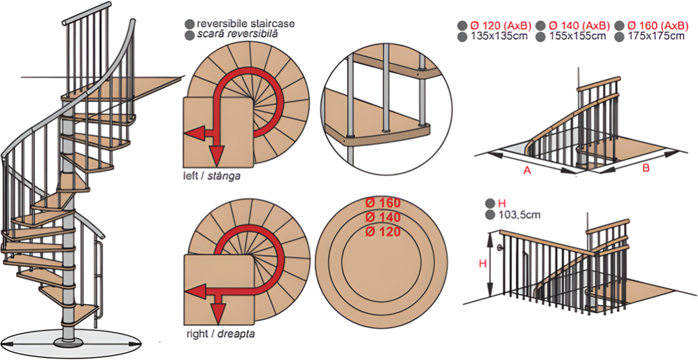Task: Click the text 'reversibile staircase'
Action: pos(245,24)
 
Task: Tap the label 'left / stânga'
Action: pos(212,176)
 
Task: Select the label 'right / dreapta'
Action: pos(221,333)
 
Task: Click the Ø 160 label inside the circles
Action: pos(383,203)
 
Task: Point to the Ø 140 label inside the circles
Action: pos(383,217)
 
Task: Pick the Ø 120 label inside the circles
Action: pos(383,231)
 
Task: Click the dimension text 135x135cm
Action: pos(499,36)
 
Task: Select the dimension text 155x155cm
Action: pos(577,36)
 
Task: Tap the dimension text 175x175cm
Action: pos(656,36)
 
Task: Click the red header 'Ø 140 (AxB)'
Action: pos(579,25)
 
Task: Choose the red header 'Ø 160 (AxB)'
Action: pos(658,25)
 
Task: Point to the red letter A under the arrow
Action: pos(527,170)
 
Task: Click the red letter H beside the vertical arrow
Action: pos(482,264)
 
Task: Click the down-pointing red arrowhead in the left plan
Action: pos(216,157)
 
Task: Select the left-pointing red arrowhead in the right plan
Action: pos(194,291)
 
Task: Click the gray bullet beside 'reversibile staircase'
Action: pos(190,24)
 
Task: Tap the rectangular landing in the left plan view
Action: pos(218,133)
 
